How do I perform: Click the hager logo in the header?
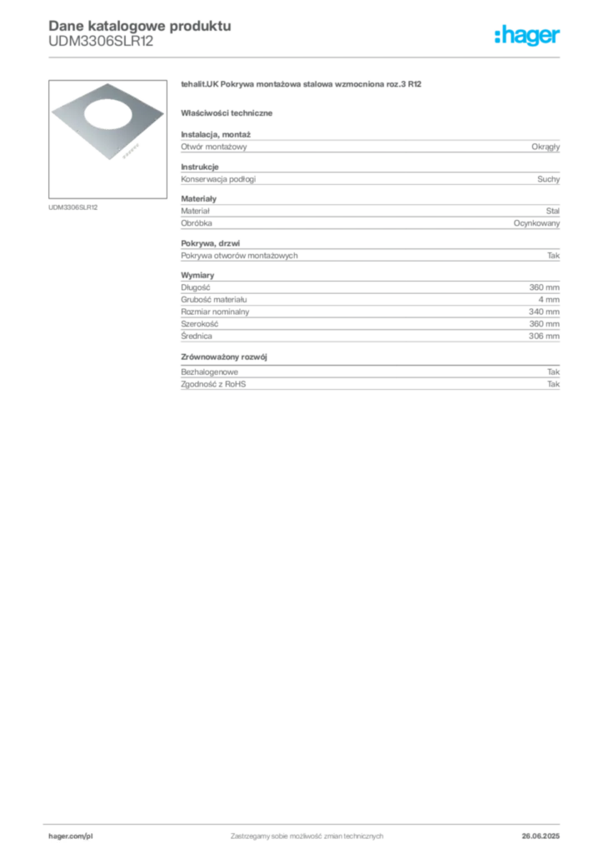(527, 35)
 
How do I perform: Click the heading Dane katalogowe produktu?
(140, 26)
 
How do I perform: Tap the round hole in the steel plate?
(107, 115)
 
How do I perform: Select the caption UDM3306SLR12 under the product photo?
(72, 207)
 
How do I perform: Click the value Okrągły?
(546, 147)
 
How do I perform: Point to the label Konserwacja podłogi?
(218, 179)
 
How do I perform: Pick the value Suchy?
(548, 179)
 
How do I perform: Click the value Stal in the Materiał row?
(552, 211)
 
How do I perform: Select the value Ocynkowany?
(536, 223)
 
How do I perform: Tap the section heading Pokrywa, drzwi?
(211, 243)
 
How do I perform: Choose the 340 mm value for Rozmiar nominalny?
(544, 312)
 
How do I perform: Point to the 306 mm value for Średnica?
(544, 337)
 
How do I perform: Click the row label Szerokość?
(200, 324)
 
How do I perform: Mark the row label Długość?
(195, 287)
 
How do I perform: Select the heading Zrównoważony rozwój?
(224, 357)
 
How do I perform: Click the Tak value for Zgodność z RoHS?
(554, 384)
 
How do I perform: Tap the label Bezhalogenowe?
(209, 372)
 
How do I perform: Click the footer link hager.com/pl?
(71, 836)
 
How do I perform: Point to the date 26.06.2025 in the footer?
(541, 836)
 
